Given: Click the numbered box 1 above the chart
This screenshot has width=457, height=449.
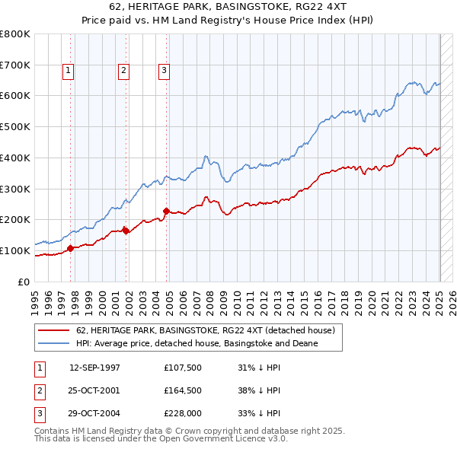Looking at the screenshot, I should point(69,71).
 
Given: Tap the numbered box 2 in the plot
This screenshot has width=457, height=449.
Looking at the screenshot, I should point(123,71).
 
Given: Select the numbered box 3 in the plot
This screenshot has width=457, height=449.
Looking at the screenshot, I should point(164,71).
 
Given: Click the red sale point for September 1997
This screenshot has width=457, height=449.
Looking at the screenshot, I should point(71,247).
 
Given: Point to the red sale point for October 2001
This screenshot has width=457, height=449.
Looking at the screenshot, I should point(126,230).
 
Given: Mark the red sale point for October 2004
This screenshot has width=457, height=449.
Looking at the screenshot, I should point(166,210).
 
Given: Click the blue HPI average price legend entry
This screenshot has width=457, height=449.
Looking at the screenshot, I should point(196,343).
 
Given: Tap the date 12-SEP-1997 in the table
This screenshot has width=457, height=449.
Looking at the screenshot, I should point(94,368).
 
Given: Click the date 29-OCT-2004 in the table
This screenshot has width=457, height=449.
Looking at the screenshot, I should point(94,415).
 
